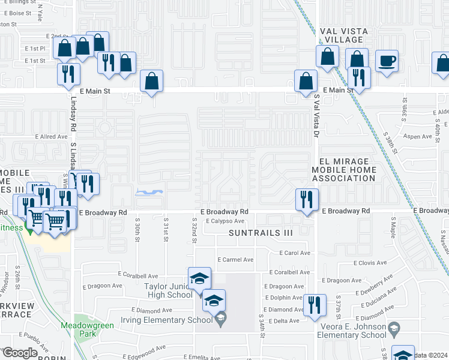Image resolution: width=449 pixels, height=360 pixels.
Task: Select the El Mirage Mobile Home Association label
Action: tap(348, 170)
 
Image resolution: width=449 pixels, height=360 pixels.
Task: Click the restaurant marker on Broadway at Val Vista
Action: tap(307, 199)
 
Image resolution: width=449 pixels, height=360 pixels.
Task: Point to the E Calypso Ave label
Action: tap(225, 221)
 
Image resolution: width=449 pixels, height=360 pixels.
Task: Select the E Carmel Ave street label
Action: tap(237, 260)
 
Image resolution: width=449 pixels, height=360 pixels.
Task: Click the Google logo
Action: tap(19, 353)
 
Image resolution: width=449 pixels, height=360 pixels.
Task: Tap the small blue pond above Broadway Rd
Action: tap(150, 193)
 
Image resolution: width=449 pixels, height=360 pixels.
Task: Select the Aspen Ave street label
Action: tap(418, 137)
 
